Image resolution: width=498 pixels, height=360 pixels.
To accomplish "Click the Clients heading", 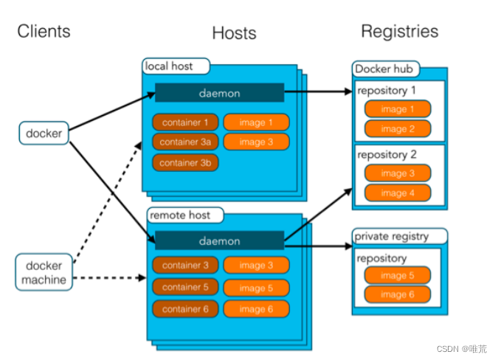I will coord(44,31).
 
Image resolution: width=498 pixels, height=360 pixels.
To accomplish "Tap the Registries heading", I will coord(399,31).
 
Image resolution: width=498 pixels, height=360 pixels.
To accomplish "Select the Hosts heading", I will coord(234,33).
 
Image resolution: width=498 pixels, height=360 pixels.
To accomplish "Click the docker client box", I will coord(44,134).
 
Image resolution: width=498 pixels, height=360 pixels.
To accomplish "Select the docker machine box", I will coord(44,272).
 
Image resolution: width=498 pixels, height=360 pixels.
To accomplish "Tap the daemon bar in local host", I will coord(219,93).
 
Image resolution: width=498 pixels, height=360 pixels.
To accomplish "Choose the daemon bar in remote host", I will coord(219,241).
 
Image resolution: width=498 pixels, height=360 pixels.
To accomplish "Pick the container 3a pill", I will coord(186,142).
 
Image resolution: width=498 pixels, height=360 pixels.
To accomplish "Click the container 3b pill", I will coord(186,162).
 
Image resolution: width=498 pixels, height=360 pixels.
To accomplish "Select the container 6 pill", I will coord(186,309).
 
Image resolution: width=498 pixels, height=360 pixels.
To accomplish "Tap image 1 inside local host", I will coord(256,122).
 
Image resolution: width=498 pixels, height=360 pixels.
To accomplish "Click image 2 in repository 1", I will coord(398,129).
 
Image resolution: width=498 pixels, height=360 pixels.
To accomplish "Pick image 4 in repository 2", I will coord(398,193).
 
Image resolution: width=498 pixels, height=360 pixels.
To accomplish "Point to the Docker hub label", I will coord(384,69).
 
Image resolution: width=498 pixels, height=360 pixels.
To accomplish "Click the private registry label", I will coord(391,237).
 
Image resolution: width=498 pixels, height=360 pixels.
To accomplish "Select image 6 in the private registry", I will coord(398,294).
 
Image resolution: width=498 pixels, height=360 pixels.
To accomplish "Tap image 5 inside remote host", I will coord(256,288).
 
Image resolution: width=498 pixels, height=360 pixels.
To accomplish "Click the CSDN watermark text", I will coord(461,349).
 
